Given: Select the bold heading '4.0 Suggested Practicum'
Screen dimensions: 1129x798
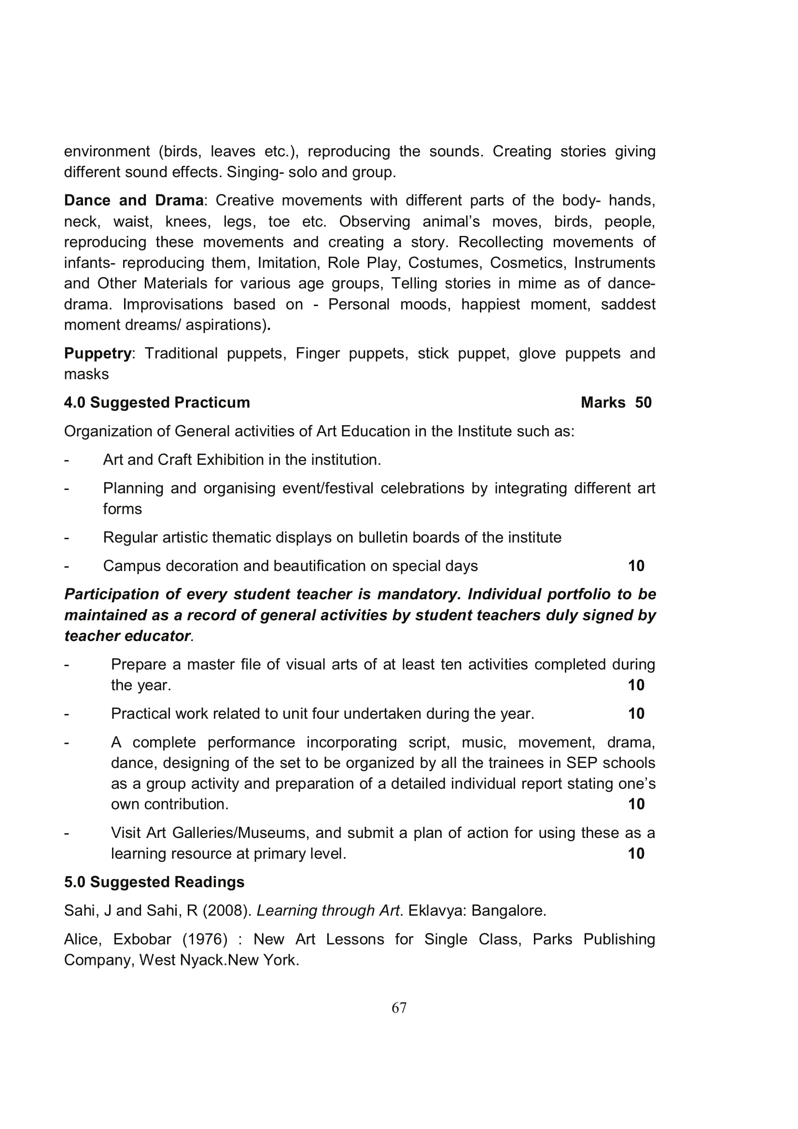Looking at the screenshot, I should click(x=157, y=402).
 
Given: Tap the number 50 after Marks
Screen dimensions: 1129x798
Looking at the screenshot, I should click(x=643, y=402).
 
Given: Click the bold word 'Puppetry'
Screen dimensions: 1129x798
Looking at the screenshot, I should click(x=98, y=353).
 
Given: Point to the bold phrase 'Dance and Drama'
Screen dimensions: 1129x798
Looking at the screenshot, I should click(x=134, y=200).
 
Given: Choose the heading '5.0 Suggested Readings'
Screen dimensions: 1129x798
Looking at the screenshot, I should click(x=154, y=882).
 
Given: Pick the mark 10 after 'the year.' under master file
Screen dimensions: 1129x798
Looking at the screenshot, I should click(x=636, y=685).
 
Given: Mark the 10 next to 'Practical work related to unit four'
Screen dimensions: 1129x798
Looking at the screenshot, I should click(x=636, y=713).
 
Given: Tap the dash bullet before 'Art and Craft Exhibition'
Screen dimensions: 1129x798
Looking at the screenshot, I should click(x=66, y=460).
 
